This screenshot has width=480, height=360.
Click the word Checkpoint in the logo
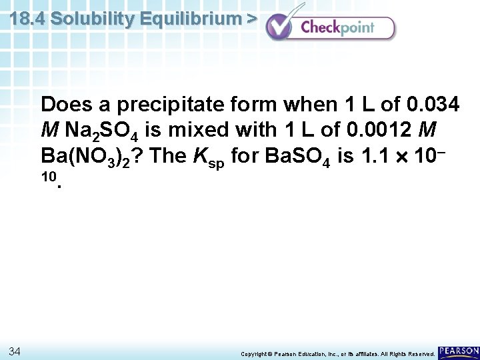337,28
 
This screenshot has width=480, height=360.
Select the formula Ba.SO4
297,157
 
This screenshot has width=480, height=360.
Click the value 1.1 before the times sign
372,156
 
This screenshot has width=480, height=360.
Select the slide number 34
16,351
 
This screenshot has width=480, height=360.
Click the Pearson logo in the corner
459,351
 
